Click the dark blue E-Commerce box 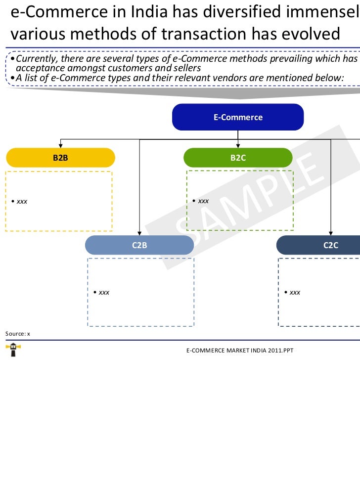[238, 117]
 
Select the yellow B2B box [60, 158]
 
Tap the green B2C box [238, 158]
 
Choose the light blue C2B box [139, 245]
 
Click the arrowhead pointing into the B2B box [60, 145]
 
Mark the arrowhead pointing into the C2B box [139, 233]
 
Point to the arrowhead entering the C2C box [331, 233]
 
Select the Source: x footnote [18, 334]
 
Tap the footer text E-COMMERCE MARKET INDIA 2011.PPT [239, 350]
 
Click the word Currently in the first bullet [37, 59]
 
